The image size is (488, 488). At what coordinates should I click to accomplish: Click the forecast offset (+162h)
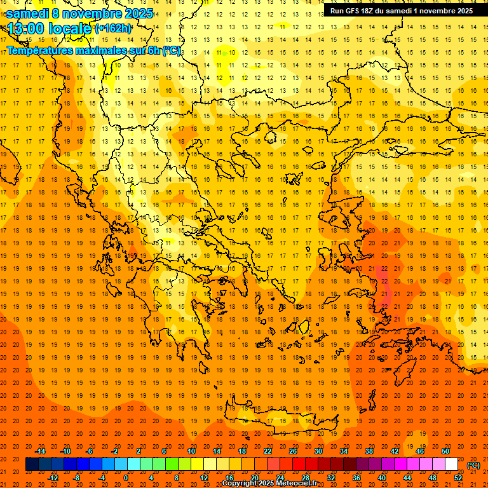[113, 28]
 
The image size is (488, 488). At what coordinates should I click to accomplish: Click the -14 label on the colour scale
[40, 451]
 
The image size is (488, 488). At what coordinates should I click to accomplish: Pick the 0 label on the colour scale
[126, 478]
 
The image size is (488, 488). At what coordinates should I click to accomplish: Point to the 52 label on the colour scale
[458, 478]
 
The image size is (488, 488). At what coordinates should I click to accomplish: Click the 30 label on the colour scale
[318, 451]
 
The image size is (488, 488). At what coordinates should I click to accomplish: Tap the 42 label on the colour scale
[395, 451]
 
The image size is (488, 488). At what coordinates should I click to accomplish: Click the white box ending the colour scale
[452, 464]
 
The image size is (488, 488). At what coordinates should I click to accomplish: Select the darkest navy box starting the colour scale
[32, 464]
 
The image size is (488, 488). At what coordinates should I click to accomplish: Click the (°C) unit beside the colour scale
[473, 465]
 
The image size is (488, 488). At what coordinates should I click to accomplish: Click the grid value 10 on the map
[233, 52]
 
